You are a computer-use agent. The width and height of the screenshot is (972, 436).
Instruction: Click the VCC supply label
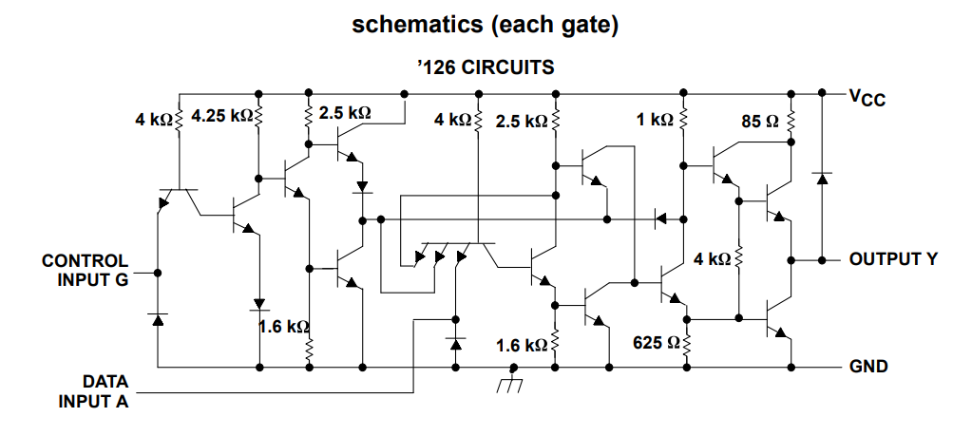867,98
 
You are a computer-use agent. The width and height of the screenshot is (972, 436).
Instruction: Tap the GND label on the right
867,367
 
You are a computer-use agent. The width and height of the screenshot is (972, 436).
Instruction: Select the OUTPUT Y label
893,259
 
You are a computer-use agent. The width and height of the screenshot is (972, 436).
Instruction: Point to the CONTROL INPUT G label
85,270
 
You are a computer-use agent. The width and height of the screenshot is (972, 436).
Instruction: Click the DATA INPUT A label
94,390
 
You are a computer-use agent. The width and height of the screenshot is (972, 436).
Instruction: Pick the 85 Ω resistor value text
760,121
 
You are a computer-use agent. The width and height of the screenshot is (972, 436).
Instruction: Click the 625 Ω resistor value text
656,342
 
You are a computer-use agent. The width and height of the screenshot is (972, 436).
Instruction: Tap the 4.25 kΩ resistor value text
222,116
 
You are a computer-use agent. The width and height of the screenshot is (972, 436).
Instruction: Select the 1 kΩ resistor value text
655,120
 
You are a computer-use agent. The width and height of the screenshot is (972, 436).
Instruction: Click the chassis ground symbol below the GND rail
509,380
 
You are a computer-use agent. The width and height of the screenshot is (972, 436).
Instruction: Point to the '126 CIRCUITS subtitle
486,66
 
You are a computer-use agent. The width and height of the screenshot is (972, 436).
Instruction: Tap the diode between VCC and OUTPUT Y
822,179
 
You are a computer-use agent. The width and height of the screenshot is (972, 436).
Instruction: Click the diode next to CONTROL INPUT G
158,319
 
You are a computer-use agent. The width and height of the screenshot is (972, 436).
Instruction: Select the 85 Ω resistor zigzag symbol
791,122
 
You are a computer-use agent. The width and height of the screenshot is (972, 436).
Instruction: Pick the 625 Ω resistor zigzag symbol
686,342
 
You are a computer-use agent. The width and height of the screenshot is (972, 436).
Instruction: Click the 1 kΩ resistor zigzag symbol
684,119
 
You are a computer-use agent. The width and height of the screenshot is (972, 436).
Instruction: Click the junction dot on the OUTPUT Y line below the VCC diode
822,259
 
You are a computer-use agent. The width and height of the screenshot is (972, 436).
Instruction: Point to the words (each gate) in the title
554,26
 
